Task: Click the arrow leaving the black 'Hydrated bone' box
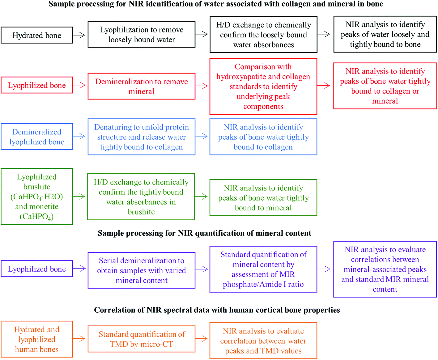79,35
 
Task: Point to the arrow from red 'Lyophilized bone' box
79,85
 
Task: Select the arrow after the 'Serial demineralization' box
202,269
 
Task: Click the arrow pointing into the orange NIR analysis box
202,339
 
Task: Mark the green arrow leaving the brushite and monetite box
79,197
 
